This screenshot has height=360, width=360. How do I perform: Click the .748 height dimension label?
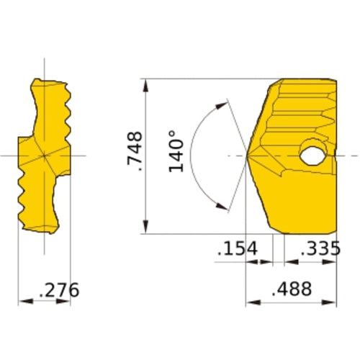click(135, 153)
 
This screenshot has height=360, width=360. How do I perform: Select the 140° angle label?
click(177, 152)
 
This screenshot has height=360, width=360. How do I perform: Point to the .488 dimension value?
click(292, 289)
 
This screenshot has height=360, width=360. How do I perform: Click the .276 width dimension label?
click(59, 291)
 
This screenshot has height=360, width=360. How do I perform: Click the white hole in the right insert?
click(312, 154)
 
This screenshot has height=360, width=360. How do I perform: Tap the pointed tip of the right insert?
click(248, 155)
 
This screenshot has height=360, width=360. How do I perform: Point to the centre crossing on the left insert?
click(44, 155)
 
